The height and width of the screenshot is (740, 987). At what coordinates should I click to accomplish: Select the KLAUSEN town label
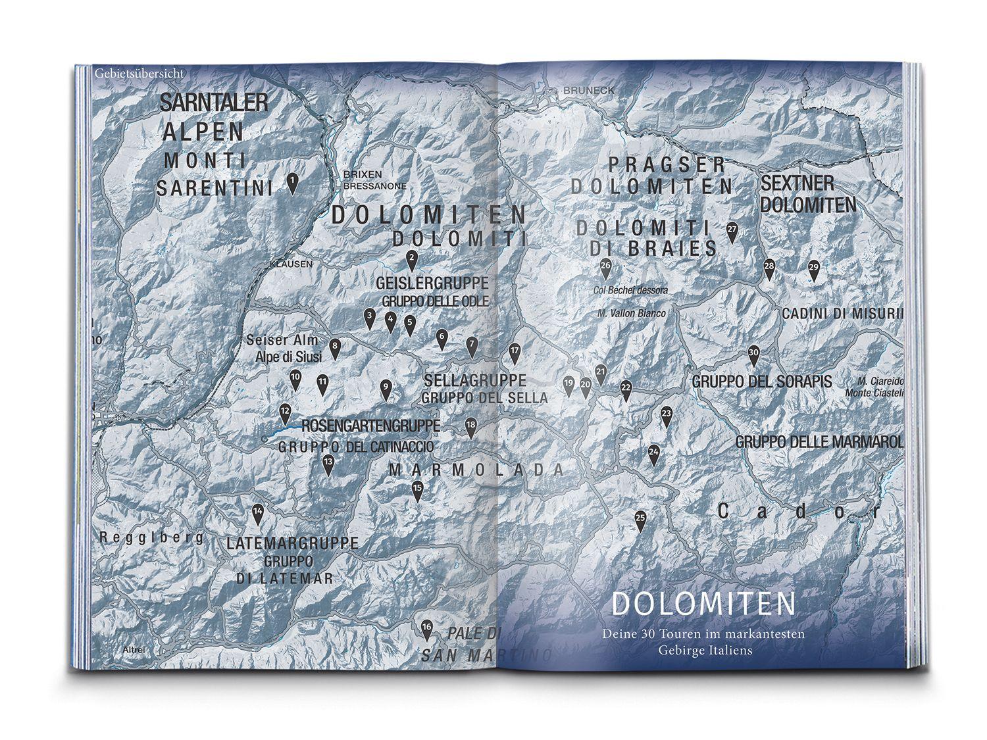[x=291, y=264]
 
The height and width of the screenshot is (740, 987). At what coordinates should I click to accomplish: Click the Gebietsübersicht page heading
[x=138, y=73]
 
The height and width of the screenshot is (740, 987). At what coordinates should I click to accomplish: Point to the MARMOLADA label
[x=476, y=470]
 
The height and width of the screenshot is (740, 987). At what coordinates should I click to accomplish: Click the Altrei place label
[x=134, y=650]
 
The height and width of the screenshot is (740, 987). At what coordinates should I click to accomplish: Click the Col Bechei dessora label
[x=630, y=290]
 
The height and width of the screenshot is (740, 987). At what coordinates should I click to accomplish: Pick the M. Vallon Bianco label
[x=631, y=314]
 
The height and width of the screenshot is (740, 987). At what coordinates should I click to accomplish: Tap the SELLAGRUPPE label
[x=475, y=380]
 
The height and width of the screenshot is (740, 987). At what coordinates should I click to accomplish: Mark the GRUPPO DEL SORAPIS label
[x=762, y=382]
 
